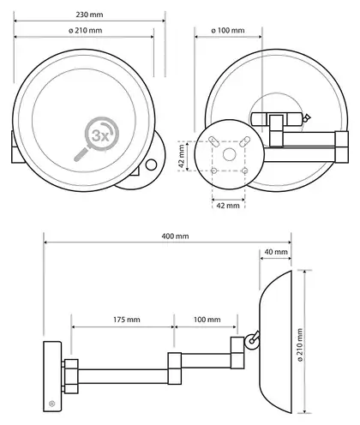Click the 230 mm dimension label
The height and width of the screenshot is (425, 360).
pos(89,15)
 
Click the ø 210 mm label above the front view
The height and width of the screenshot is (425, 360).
pos(86,30)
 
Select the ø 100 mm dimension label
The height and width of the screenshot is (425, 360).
pos(228,30)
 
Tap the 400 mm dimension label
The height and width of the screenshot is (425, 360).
pos(175,236)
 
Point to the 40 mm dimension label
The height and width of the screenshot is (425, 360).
pos(276,252)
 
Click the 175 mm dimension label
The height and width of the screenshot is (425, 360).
pos(127,320)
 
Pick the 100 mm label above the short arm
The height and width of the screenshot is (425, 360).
pos(207,320)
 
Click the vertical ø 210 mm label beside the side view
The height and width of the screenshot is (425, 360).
pos(300,345)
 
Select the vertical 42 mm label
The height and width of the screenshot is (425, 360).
pos(181,156)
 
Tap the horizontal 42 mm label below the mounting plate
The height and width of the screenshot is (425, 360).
pos(228,205)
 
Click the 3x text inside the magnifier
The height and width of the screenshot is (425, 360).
pos(100,136)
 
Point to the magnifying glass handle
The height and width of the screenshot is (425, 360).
pos(81,154)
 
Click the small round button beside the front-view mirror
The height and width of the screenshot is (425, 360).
pos(151,165)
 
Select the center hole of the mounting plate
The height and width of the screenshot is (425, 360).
pos(229,154)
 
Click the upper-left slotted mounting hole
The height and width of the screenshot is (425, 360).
pos(213,141)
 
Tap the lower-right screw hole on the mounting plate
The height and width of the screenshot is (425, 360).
pos(244,171)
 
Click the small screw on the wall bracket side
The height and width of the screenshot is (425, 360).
pos(51,404)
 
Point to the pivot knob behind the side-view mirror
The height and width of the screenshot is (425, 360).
pos(252,340)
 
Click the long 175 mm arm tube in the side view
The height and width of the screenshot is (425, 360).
pos(123,376)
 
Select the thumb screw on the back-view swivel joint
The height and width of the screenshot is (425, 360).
pos(307,118)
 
